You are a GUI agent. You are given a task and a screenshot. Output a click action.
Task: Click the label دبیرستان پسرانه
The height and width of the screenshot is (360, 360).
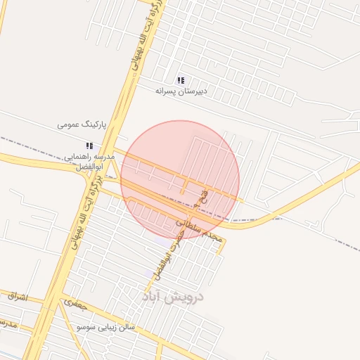tap(183, 91)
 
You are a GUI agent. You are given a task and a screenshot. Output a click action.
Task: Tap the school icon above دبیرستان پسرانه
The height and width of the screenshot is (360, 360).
tap(181, 80)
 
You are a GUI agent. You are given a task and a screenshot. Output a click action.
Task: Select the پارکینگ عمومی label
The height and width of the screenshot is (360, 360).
tap(82, 125)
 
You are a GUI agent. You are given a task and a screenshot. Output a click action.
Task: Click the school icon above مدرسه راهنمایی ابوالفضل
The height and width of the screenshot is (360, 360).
tap(89, 145)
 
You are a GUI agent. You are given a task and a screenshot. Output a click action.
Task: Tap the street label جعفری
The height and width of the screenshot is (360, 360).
tap(74, 304)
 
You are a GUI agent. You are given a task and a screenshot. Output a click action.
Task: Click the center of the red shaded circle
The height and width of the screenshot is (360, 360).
tap(180, 180)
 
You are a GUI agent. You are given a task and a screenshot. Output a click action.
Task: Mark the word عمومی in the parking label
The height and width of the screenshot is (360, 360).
tap(69, 125)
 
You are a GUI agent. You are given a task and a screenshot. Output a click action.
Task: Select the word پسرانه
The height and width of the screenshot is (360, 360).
tap(167, 91)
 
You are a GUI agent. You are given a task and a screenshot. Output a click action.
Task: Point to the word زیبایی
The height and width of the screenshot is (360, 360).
tap(112, 328)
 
